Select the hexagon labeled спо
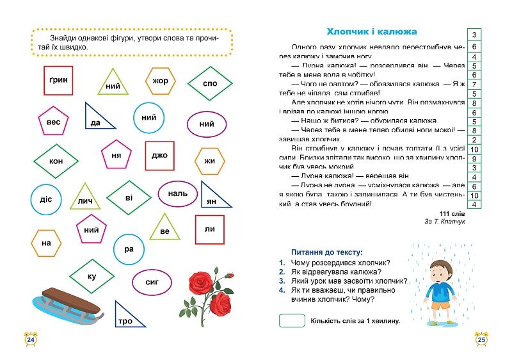pyautogui.click(x=210, y=84)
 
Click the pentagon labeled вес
pyautogui.click(x=53, y=123)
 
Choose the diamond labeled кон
pyautogui.click(x=56, y=161)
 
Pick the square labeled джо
pyautogui.click(x=159, y=155)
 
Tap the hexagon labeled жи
pyautogui.click(x=209, y=161)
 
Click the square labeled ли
pyautogui.click(x=209, y=229)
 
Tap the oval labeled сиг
pyautogui.click(x=152, y=281)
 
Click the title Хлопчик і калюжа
pyautogui.click(x=371, y=31)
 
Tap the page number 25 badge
pyautogui.click(x=482, y=340)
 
